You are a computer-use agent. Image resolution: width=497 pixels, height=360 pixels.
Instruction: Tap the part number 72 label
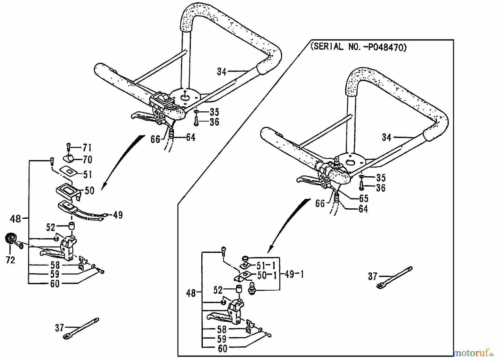[x=10, y=260]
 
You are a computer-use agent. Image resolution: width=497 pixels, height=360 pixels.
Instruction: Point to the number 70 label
[x=87, y=160]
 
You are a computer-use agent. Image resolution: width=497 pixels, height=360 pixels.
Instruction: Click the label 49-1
[x=294, y=275]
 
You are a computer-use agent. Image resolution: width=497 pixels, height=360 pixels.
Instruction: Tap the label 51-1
[x=266, y=266]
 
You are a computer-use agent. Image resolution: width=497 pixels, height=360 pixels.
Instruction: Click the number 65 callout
[x=363, y=198]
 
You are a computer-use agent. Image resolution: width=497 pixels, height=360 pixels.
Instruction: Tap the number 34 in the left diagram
[x=221, y=72]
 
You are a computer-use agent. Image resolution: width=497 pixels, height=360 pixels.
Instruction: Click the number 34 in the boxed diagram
[x=386, y=137]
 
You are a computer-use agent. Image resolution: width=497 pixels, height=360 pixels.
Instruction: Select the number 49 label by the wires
[x=118, y=215]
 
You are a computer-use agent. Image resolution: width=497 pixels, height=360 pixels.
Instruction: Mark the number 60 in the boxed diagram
[x=223, y=349]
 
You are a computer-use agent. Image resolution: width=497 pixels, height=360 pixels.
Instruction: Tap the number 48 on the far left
[x=15, y=219]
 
